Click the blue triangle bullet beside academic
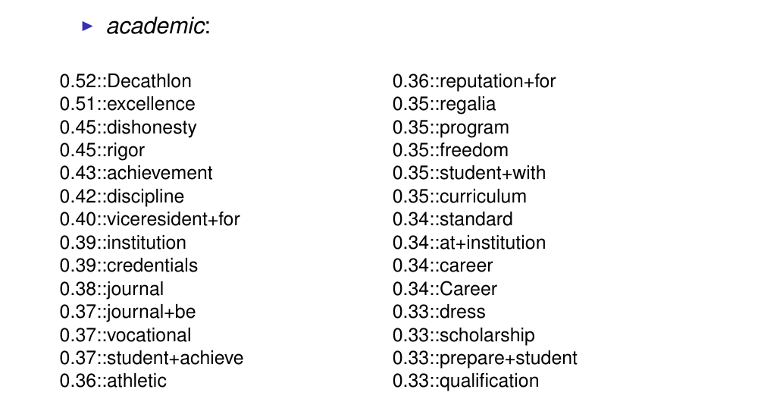87,27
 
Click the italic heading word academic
158,27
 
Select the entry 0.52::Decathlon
125,81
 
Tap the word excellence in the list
150,104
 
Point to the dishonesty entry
151,127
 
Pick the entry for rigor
125,150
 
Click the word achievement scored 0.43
159,173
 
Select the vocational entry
149,334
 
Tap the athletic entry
136,381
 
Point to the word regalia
467,104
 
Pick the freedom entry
474,150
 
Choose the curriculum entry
483,196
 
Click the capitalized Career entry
468,289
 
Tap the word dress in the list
462,312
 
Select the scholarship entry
487,334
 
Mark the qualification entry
489,381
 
